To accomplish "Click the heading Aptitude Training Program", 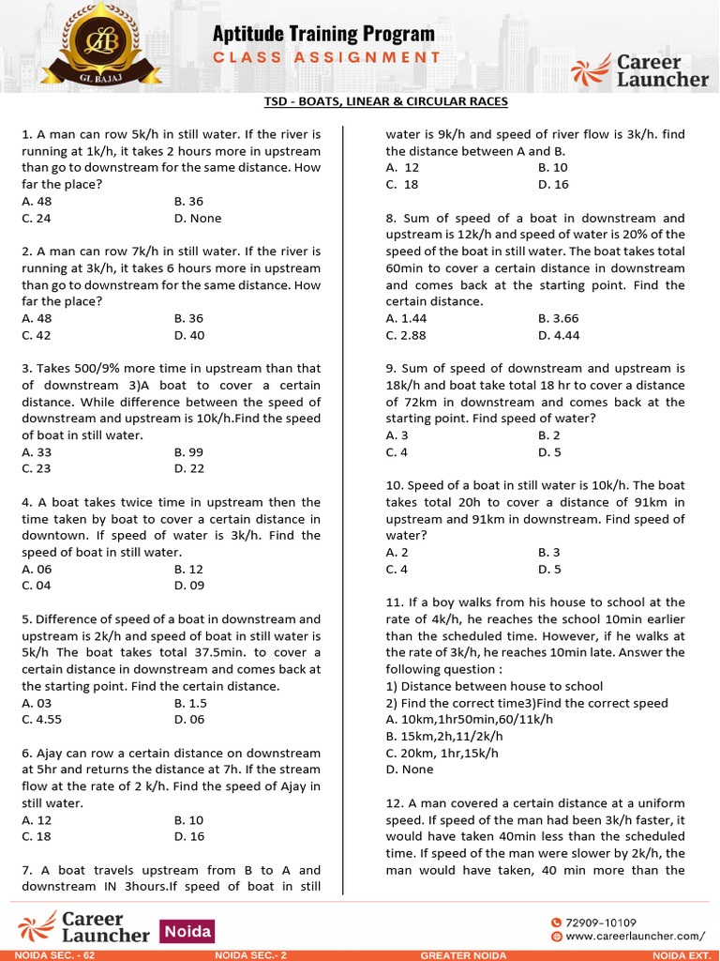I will click(323, 34).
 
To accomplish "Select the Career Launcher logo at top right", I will click(640, 70).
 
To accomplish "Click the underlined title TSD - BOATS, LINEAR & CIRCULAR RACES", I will click(386, 101).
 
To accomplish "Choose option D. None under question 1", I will click(198, 218).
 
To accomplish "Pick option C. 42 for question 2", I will click(37, 335).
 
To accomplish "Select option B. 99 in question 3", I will click(188, 451).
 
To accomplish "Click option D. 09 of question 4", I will click(189, 586).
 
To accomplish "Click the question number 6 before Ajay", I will click(25, 753).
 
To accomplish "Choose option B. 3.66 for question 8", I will click(559, 318).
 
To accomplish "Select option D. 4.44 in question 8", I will click(559, 335).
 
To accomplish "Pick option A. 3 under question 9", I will click(397, 435).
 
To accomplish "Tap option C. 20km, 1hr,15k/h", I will click(442, 753).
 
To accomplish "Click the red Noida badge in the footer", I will click(187, 931).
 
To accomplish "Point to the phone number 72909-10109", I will click(600, 923).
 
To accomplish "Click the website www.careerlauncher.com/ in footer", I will click(634, 936).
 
